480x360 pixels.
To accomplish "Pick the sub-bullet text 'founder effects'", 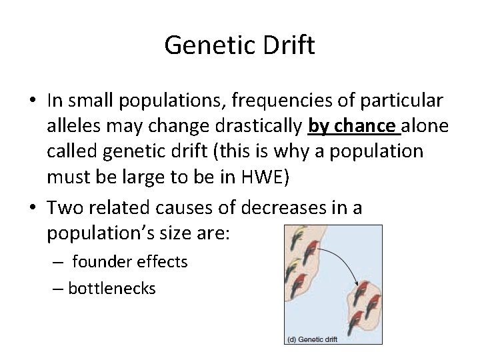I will click(130, 262).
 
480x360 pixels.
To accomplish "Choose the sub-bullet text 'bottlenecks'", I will click(111, 288).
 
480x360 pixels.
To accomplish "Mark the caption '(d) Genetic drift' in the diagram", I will click(313, 339).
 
